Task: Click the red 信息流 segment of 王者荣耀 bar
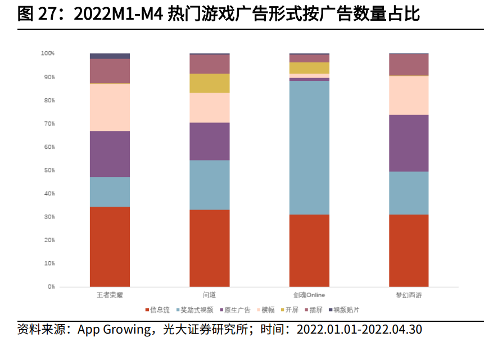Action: tap(110, 247)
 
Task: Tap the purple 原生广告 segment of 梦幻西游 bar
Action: tap(409, 143)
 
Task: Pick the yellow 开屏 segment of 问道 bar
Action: tap(209, 83)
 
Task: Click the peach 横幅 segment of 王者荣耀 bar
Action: tap(110, 107)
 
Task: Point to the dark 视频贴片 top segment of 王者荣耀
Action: tap(110, 56)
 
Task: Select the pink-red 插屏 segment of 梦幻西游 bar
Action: tap(409, 65)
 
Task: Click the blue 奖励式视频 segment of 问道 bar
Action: tap(209, 185)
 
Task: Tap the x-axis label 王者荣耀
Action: tap(110, 295)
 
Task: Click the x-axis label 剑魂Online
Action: tap(309, 295)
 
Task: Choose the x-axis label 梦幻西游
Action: tap(409, 295)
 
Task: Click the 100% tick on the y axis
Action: tap(47, 53)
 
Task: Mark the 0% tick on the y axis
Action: tap(51, 286)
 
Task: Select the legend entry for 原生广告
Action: tap(236, 309)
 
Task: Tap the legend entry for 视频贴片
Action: tap(345, 309)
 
